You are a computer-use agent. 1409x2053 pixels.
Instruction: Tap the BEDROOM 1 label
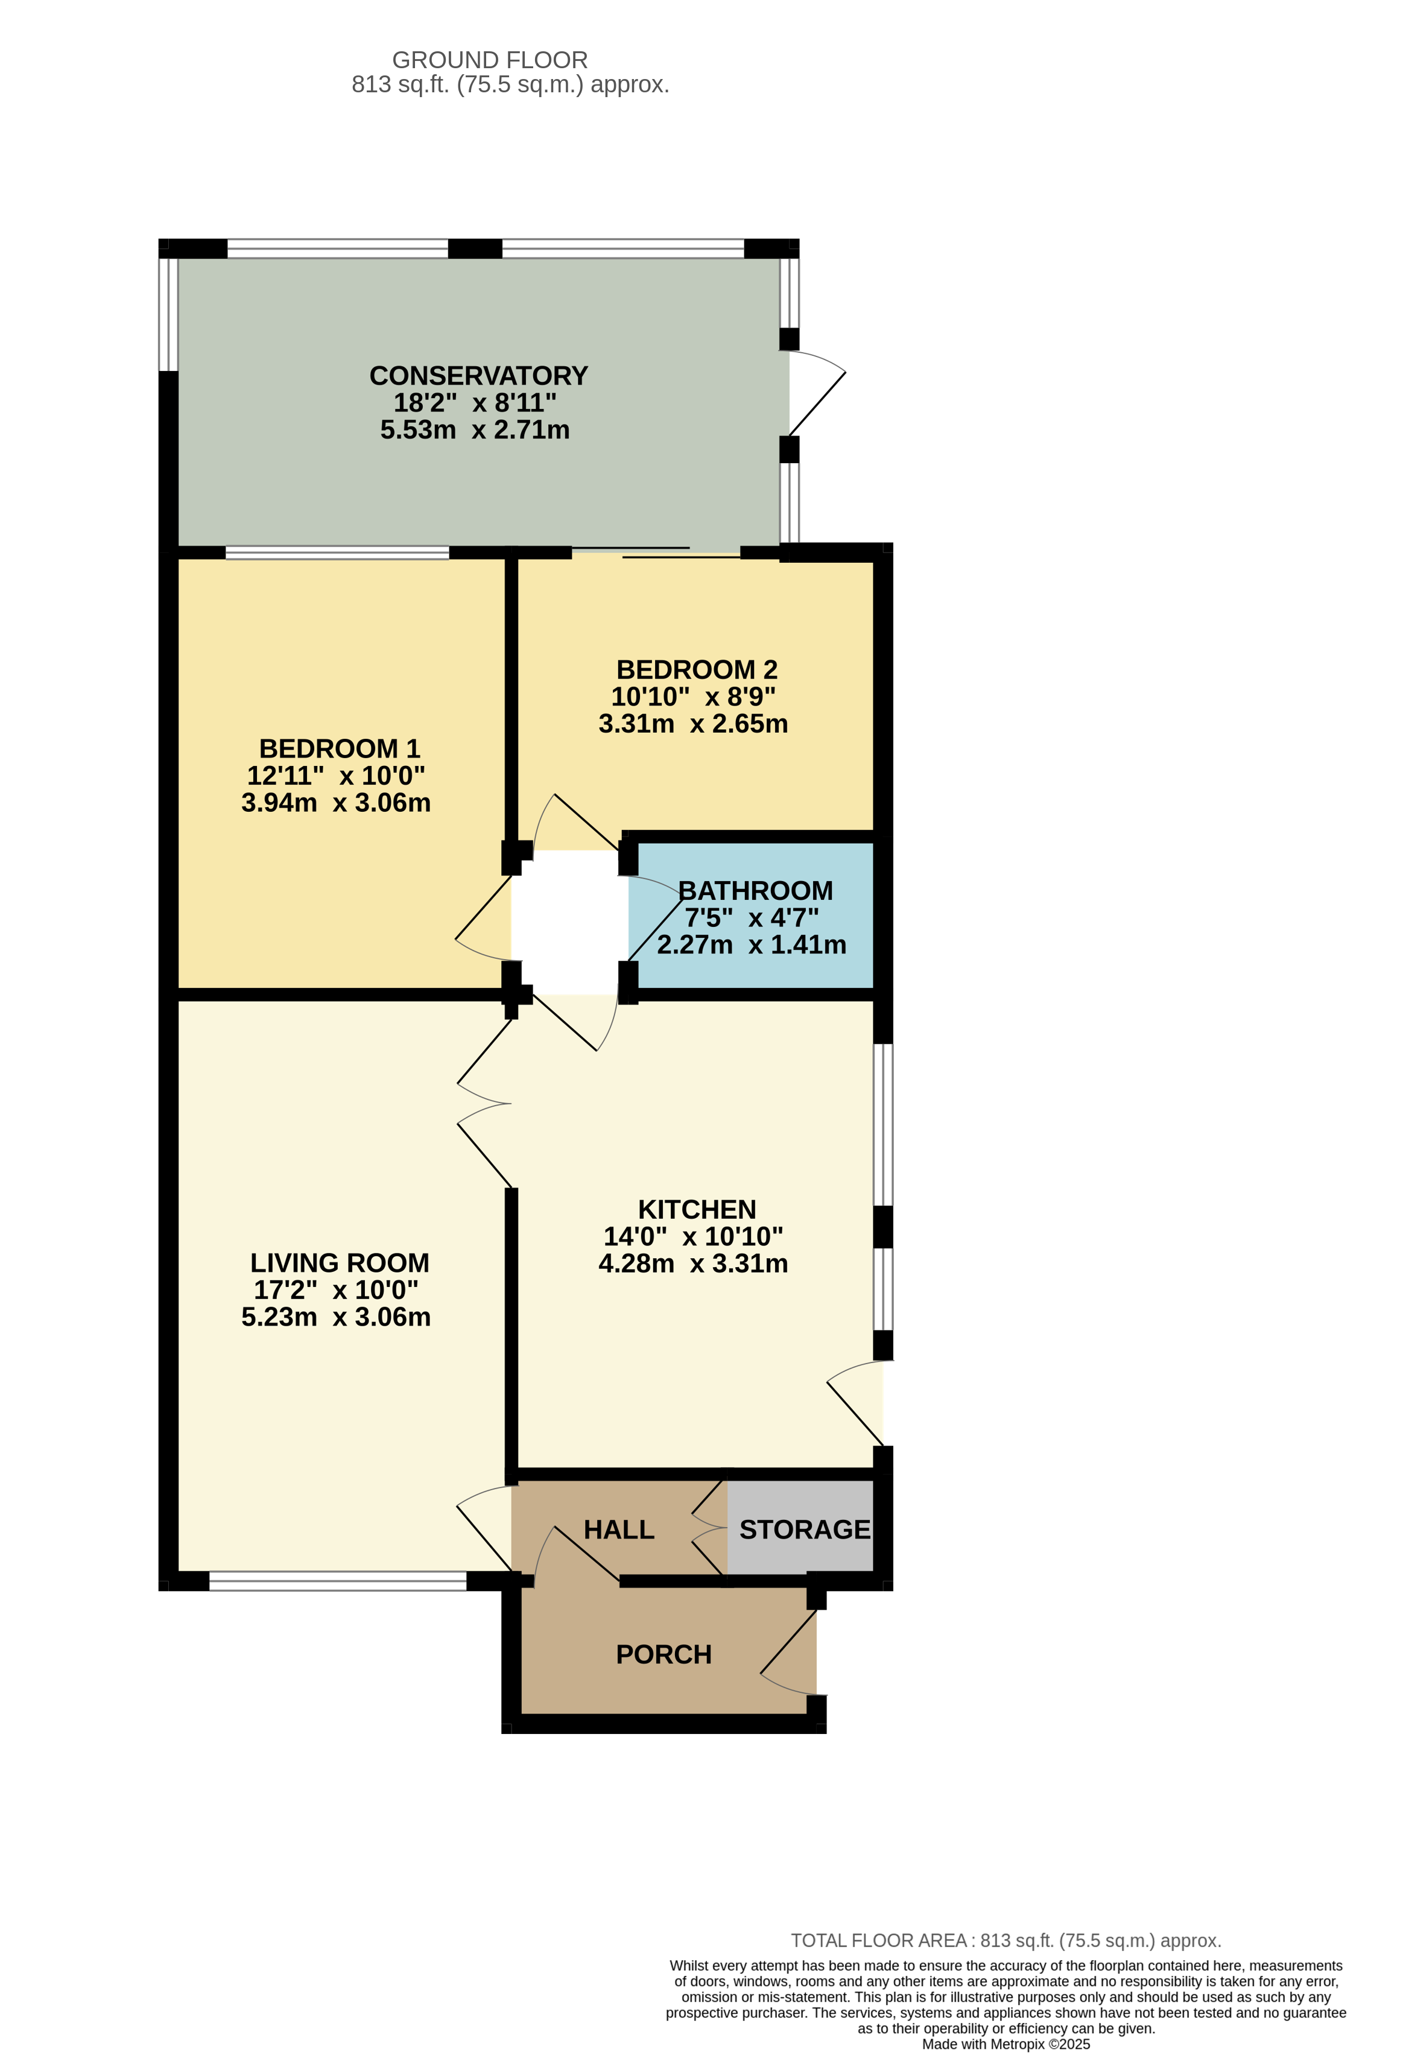click(x=339, y=748)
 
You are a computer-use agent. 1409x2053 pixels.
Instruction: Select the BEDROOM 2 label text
click(x=696, y=669)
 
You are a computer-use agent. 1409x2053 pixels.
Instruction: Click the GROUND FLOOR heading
click(x=489, y=60)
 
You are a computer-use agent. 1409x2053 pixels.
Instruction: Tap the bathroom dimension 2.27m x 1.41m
click(x=751, y=944)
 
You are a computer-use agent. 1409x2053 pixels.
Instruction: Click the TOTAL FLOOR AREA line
click(x=1005, y=1941)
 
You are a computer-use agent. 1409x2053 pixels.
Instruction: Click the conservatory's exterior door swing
click(x=817, y=394)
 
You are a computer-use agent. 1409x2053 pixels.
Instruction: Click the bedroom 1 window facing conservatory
click(x=337, y=553)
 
